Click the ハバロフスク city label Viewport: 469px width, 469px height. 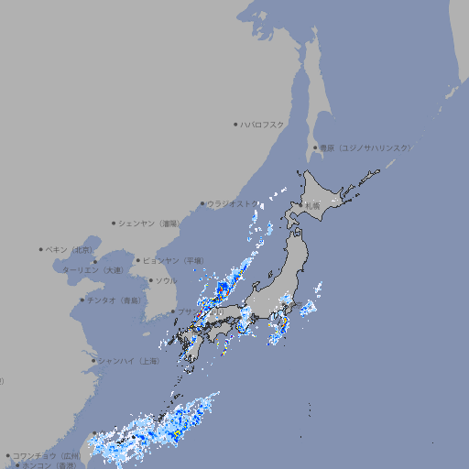coord(263,124)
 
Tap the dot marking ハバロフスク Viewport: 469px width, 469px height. coord(235,124)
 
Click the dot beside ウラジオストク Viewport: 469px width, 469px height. coord(202,203)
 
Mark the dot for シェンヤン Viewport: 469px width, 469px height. coord(115,223)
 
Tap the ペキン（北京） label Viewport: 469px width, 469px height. coord(70,249)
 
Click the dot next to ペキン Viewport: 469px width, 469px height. coord(41,249)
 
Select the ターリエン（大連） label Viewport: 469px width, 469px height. coord(92,271)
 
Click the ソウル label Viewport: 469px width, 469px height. coord(166,280)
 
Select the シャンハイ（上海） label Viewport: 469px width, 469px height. coord(128,361)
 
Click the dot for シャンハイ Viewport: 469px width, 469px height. coord(93,361)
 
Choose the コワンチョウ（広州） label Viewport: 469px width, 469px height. coord(47,455)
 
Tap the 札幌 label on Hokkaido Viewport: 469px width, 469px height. coord(313,206)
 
